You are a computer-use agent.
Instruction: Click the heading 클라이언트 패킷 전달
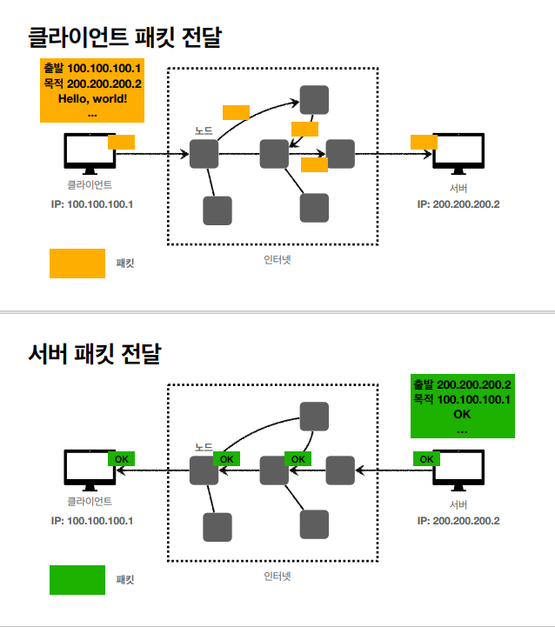(124, 37)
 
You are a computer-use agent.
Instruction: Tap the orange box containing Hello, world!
(91, 90)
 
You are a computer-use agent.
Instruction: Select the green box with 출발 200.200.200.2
(462, 406)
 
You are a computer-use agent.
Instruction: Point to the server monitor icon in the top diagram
(458, 153)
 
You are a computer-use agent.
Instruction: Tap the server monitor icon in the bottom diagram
(458, 470)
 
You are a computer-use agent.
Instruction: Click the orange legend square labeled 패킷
(77, 263)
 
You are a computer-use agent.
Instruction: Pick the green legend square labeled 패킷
(77, 580)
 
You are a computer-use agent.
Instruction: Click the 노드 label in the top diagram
(204, 130)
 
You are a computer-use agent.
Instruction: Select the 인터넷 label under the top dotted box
(276, 259)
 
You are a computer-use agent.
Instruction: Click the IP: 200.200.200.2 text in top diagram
(458, 204)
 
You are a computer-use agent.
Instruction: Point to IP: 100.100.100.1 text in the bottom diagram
(91, 521)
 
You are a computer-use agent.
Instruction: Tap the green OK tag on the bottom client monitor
(121, 458)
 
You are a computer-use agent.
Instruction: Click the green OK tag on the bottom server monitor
(425, 458)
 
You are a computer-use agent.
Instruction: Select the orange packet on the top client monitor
(121, 142)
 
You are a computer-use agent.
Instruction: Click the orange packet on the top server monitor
(424, 142)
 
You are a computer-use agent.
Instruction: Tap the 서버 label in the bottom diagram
(458, 504)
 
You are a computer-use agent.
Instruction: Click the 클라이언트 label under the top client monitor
(90, 185)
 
